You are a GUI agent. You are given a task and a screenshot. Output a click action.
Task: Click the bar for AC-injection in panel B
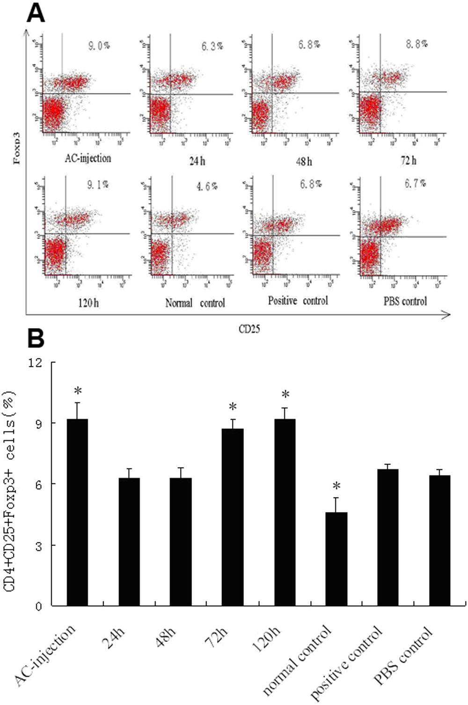tap(77, 512)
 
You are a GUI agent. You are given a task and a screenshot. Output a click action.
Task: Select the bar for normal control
tap(336, 559)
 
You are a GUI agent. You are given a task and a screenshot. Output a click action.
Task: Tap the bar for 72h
tap(233, 517)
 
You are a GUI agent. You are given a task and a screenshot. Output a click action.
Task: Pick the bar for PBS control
tap(439, 540)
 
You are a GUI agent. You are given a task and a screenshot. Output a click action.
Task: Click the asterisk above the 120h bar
tap(285, 395)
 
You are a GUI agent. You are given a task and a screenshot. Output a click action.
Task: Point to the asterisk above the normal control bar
tap(336, 486)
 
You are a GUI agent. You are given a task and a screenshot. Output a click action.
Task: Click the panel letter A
tap(36, 14)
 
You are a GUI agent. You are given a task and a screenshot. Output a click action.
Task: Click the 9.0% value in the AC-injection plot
tap(99, 46)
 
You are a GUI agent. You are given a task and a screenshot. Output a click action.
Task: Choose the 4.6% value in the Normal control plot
tap(207, 186)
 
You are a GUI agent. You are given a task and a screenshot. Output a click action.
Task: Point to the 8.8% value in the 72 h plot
tap(417, 44)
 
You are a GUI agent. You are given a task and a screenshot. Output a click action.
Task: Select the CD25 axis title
tap(249, 329)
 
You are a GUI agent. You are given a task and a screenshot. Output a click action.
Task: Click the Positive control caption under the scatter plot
tap(298, 301)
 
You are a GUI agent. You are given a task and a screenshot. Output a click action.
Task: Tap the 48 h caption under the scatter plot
tap(304, 162)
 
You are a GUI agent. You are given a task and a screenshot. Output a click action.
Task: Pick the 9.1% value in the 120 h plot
tap(98, 185)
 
